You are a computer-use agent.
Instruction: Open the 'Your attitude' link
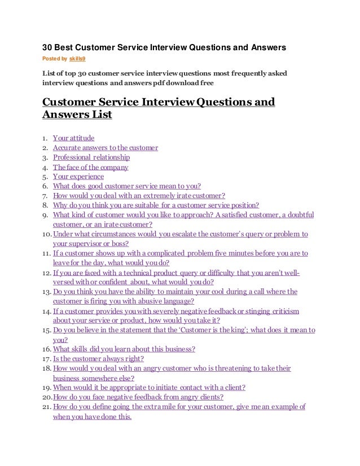coord(73,138)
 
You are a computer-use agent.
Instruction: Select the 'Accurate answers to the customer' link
coord(105,148)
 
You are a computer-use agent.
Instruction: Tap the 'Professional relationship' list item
coord(91,157)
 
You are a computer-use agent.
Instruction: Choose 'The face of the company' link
coord(90,168)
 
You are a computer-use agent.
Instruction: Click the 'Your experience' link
coord(78,177)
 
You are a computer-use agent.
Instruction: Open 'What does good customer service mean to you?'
coord(127,186)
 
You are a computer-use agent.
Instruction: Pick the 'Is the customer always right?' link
coord(98,359)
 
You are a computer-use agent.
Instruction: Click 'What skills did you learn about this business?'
coord(124,349)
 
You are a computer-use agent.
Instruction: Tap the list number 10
coord(47,234)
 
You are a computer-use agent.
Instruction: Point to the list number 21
coord(47,407)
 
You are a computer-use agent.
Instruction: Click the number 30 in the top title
coord(49,47)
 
